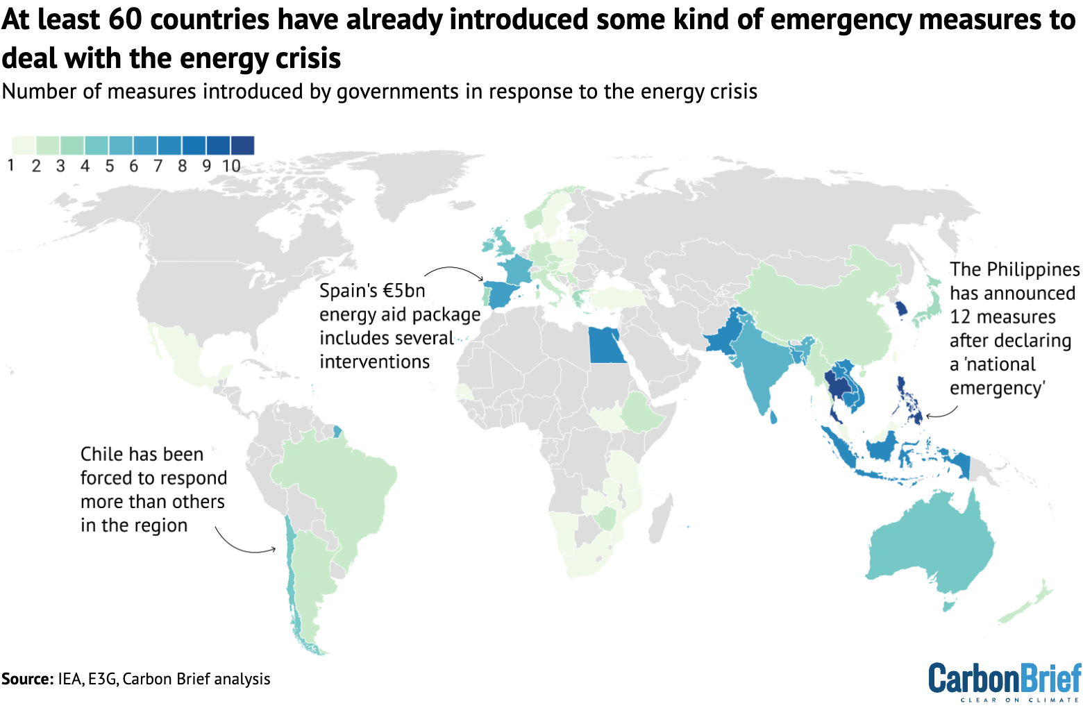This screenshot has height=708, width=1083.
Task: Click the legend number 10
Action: click(x=231, y=166)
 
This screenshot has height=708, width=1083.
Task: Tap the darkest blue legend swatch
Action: click(x=242, y=145)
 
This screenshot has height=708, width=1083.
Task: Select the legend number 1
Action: click(x=11, y=166)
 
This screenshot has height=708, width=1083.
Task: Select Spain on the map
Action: click(x=503, y=295)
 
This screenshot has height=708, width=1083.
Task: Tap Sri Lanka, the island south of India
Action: click(x=773, y=417)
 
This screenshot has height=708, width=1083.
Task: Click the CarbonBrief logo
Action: click(x=1005, y=680)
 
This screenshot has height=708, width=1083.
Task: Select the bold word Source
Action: click(x=26, y=679)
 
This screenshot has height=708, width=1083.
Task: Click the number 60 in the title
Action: click(x=125, y=19)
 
